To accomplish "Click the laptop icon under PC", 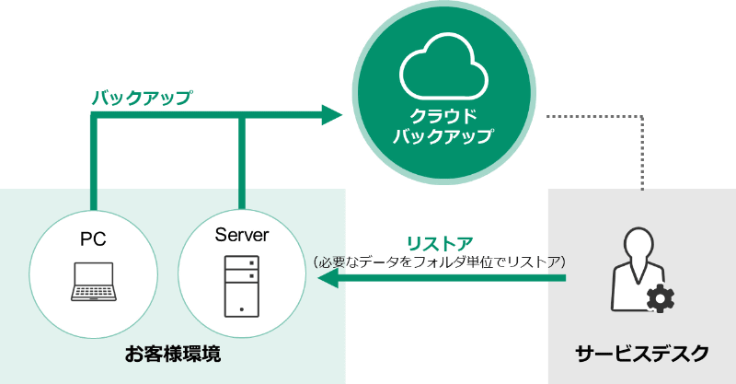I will tap(93, 281).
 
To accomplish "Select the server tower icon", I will tap(241, 284).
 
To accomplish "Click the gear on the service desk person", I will tap(661, 298).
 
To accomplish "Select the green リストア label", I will tap(440, 244).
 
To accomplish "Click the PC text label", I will tap(93, 239).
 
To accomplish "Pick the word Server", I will tap(241, 235).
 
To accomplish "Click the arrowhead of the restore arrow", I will tap(326, 282).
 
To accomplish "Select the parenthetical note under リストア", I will tap(440, 262).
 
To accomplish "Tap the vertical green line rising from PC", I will tap(93, 161).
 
